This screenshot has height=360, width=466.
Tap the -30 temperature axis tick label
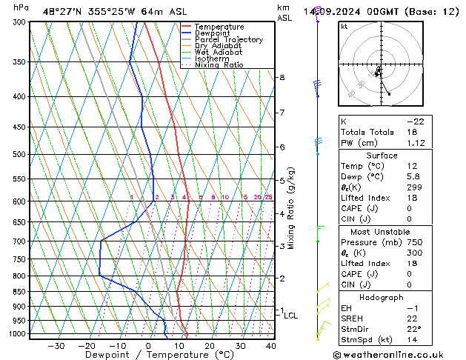pos(56,345)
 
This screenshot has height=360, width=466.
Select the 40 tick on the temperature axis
pos(270,345)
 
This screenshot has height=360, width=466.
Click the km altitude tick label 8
pos(282,77)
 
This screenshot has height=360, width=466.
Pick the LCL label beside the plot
pos(291,316)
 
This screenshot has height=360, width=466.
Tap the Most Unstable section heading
pos(381,232)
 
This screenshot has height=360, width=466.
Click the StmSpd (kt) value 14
pos(411,339)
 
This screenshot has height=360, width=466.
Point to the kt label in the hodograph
pos(344,27)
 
